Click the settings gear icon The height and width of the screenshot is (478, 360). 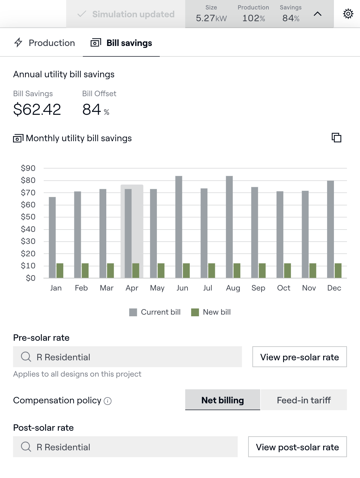tap(348, 14)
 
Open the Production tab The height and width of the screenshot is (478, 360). tap(45, 43)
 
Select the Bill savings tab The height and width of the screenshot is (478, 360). tap(121, 43)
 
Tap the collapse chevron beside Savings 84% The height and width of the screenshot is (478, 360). tap(317, 14)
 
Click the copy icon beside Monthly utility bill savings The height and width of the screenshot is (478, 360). tap(336, 138)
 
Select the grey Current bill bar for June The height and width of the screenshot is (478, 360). tap(179, 227)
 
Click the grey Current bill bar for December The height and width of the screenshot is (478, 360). tap(330, 229)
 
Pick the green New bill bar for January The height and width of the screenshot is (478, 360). tap(60, 270)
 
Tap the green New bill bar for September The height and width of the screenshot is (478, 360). tap(262, 270)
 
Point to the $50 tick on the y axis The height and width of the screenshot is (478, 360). tap(28, 217)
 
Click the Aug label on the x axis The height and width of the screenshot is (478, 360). tap(233, 288)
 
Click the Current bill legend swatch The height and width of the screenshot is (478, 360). tap(133, 312)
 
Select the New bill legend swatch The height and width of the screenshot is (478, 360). tap(195, 312)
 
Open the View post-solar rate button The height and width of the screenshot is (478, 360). tap(297, 447)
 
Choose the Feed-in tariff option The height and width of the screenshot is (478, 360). tap(304, 400)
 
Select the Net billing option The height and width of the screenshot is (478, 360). tap(222, 400)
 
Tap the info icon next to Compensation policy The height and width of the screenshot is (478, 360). tap(108, 401)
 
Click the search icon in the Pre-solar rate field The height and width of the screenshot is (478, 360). tap(26, 357)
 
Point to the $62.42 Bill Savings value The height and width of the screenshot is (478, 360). tap(37, 109)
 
